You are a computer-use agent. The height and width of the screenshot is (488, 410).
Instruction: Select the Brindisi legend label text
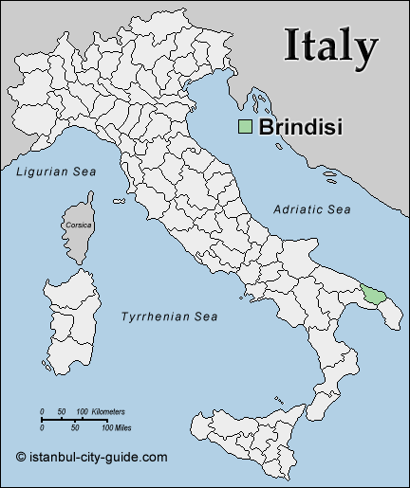point(300,126)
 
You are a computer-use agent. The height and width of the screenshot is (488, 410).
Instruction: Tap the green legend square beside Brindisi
point(245,127)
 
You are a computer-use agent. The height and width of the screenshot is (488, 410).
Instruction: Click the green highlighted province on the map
point(376,294)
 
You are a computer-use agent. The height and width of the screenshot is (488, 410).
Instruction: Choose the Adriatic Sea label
point(312,208)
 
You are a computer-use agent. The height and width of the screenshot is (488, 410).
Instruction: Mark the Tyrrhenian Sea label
point(170,316)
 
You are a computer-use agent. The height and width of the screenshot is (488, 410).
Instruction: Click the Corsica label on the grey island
point(78,225)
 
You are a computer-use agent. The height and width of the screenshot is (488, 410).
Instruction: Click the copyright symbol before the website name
point(22,457)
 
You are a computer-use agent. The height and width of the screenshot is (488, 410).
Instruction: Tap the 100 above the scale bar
point(82,411)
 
